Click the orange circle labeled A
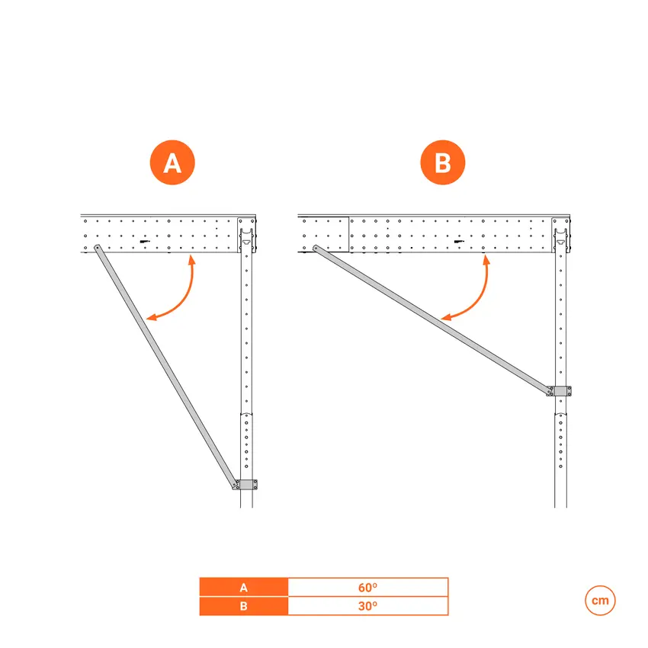172,162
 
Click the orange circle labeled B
443,162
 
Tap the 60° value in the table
367,587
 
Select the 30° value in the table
367,606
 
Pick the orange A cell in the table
244,587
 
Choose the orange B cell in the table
244,606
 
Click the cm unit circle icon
600,601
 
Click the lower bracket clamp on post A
247,484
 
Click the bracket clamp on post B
561,391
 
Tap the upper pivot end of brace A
97,248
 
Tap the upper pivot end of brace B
316,248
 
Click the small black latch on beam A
144,242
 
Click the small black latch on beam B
459,242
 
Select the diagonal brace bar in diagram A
166,367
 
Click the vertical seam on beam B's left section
349,234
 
